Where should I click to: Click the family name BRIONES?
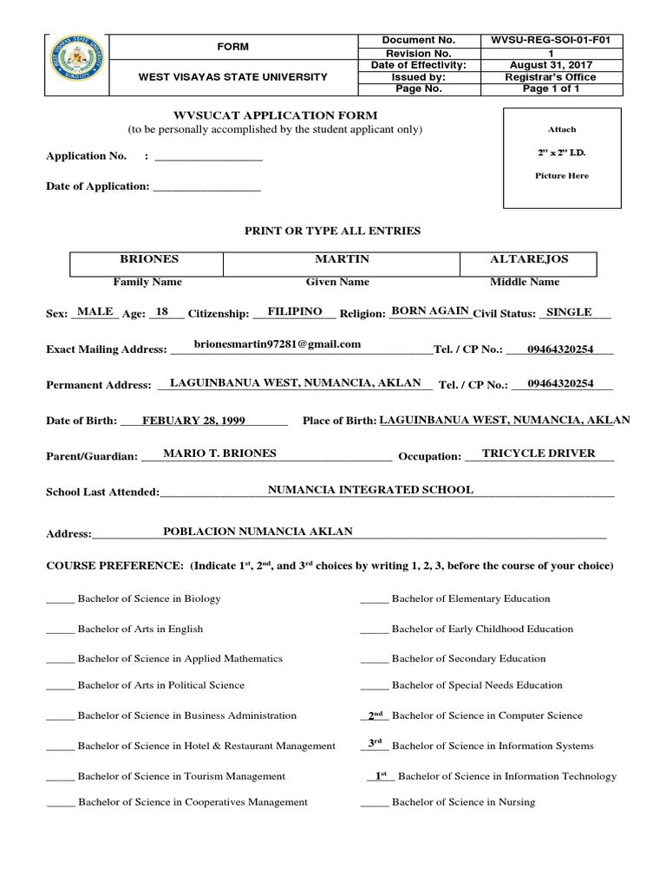148,259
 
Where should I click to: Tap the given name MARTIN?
337,259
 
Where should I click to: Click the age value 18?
160,311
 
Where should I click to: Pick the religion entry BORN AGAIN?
430,310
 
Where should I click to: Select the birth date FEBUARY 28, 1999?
194,421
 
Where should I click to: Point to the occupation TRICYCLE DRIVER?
539,453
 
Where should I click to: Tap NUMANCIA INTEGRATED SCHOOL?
370,490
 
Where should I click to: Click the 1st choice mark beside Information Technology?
380,775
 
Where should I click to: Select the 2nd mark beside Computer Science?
375,715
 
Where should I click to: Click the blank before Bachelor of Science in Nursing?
374,803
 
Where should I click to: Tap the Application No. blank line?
207,157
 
